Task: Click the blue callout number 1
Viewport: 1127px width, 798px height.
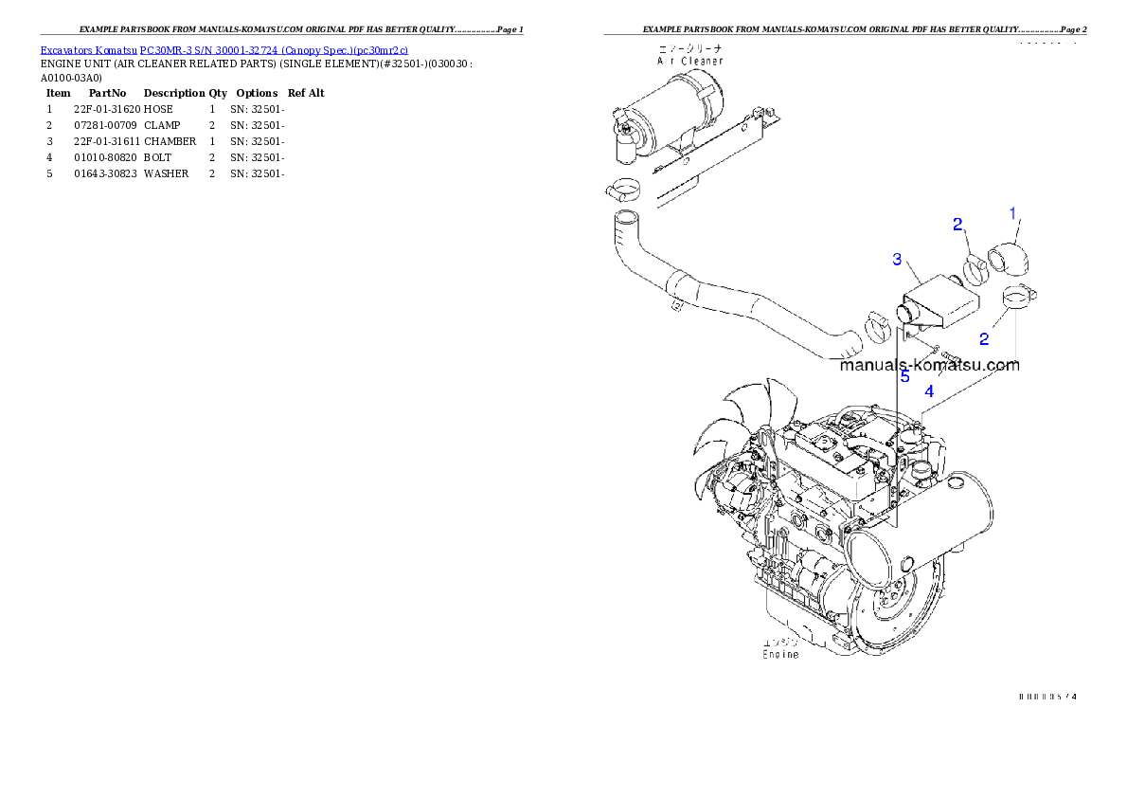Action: coord(1012,213)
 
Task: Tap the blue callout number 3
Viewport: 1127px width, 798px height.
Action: coord(897,259)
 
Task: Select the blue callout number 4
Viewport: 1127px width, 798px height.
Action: coord(929,390)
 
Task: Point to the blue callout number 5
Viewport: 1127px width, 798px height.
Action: coord(904,376)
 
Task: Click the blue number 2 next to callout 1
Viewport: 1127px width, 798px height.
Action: coord(957,224)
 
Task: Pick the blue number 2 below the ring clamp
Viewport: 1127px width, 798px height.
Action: coord(984,338)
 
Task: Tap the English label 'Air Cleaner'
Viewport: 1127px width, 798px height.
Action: coord(690,60)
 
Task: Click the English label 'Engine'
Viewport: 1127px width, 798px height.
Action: coord(780,654)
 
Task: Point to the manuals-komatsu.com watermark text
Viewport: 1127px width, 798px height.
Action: coord(928,365)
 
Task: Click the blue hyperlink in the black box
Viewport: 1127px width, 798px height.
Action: coord(224,51)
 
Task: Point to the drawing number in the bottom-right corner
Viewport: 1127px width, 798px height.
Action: coord(1048,697)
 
